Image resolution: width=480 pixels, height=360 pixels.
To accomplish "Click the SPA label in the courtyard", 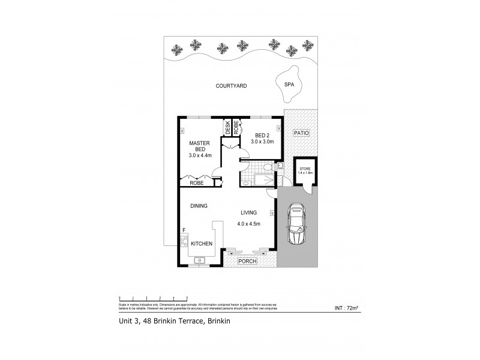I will [x=289, y=86].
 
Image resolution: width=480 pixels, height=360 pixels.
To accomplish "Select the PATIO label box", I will [x=301, y=133].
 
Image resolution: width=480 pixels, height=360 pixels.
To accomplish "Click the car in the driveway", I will [x=297, y=225].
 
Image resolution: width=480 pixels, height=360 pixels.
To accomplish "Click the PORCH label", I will [x=247, y=261].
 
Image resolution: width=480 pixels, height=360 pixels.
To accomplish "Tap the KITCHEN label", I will [x=202, y=244].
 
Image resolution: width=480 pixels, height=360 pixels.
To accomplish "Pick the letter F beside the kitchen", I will [x=184, y=230].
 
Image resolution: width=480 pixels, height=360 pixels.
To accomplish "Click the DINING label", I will [x=199, y=206].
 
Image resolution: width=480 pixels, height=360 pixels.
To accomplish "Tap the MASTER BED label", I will [x=198, y=146].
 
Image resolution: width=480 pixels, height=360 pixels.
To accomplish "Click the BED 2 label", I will [x=262, y=135].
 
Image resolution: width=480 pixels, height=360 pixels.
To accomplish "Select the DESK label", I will [x=228, y=127].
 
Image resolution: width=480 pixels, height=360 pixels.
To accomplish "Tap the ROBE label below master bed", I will [x=196, y=183].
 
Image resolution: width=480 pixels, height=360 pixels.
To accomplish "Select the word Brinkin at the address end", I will [x=219, y=322].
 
